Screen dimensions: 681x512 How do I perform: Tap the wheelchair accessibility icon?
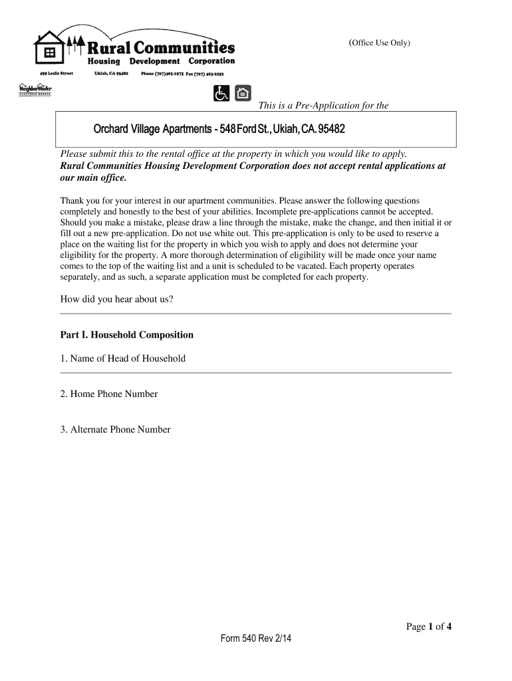click(x=221, y=94)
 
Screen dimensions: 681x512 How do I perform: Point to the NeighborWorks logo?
click(x=34, y=89)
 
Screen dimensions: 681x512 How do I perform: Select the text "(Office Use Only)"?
click(x=380, y=43)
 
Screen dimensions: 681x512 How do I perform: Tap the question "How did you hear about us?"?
click(x=117, y=299)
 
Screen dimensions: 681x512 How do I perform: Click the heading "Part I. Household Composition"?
click(x=127, y=335)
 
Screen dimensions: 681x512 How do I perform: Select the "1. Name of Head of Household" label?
click(x=123, y=358)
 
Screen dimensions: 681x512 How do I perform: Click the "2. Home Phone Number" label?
click(x=109, y=394)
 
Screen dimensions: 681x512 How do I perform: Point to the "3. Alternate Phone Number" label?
click(x=115, y=430)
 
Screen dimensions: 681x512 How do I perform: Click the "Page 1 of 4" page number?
click(x=429, y=626)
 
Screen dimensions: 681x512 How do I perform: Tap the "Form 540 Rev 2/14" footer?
click(x=256, y=639)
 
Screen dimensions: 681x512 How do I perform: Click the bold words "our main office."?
click(x=92, y=178)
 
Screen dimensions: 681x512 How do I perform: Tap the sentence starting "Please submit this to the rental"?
click(x=233, y=154)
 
